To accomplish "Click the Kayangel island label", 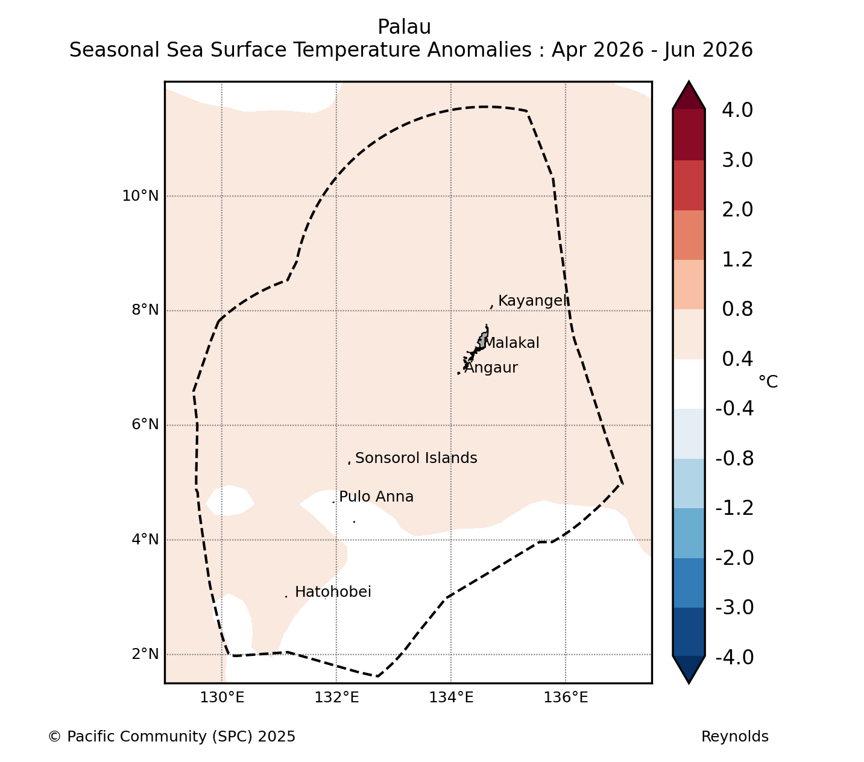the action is click(x=533, y=301).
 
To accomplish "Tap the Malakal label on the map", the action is click(x=511, y=343).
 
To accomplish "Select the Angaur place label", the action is click(x=491, y=368).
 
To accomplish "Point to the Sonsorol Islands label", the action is click(x=416, y=458).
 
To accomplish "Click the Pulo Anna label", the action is click(x=376, y=497).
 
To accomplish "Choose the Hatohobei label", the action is click(x=333, y=592).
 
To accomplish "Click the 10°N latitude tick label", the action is click(x=140, y=196).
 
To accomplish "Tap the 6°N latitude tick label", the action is click(x=145, y=424).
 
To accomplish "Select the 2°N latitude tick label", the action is click(x=145, y=653).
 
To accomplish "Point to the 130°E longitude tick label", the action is click(x=222, y=697).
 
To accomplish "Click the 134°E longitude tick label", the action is click(x=451, y=697).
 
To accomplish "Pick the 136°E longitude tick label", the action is click(x=566, y=697).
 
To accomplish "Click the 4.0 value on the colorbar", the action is click(x=737, y=110).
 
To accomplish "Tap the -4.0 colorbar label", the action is click(x=734, y=657).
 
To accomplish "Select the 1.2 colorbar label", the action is click(x=737, y=260).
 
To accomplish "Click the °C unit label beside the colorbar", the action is click(x=768, y=382).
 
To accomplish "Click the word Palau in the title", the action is click(x=405, y=27).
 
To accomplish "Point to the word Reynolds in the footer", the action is click(x=735, y=737).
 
